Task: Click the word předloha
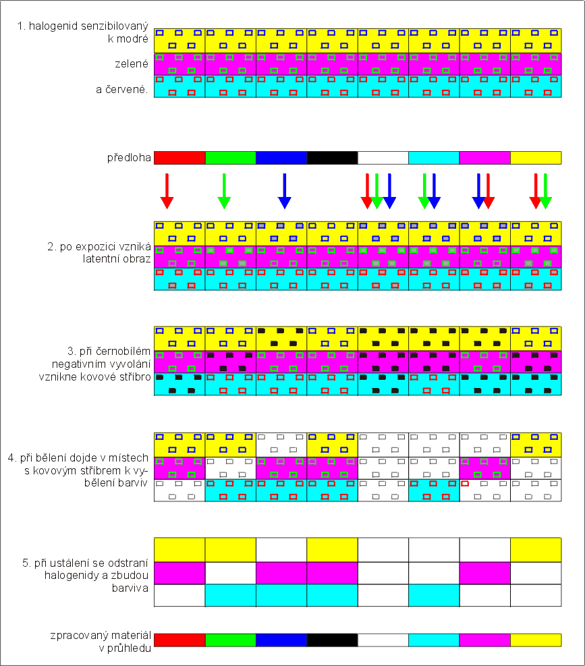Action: (129, 158)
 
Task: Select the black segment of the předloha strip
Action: (332, 158)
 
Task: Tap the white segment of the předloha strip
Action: (383, 158)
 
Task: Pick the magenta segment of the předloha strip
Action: (484, 158)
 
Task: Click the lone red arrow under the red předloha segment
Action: (167, 191)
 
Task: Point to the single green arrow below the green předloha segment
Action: (224, 191)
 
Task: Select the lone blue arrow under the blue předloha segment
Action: (284, 191)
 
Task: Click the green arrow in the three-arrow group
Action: (377, 191)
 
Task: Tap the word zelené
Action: (132, 63)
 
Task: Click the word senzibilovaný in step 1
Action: (114, 26)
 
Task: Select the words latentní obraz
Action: (117, 259)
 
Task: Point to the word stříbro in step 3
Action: (135, 377)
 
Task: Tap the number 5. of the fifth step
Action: (26, 563)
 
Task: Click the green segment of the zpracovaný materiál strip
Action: (230, 640)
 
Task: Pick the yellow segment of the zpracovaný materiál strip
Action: (536, 640)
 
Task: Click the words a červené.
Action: (122, 90)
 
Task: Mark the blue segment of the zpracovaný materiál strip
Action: (281, 640)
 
